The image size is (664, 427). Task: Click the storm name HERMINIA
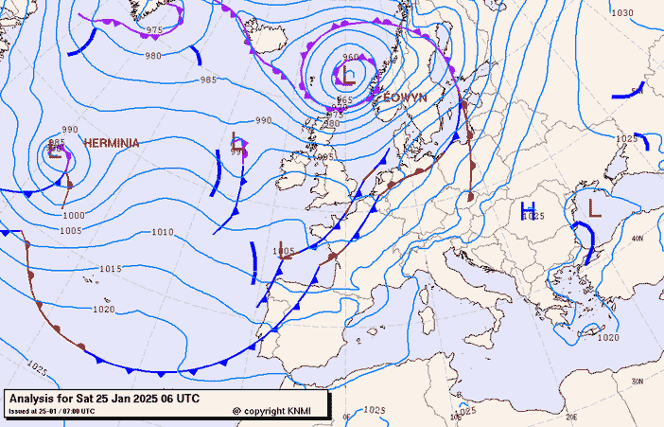pos(112,143)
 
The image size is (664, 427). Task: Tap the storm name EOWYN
pos(405,98)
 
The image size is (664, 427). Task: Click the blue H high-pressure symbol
pos(529,208)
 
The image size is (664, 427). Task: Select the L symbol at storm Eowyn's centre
pos(350,76)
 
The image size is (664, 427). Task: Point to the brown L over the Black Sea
pos(594,206)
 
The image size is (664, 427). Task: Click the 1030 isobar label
pos(621,13)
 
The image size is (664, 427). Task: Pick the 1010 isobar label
pos(163,232)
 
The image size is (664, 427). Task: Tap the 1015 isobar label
pos(111,269)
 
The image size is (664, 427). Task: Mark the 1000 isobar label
pos(73,216)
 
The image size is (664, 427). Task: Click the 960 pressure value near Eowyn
pos(351,58)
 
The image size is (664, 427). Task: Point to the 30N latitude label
pos(638,381)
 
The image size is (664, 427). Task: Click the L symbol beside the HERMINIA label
pos(56,152)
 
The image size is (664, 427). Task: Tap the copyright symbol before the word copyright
pos(236,412)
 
